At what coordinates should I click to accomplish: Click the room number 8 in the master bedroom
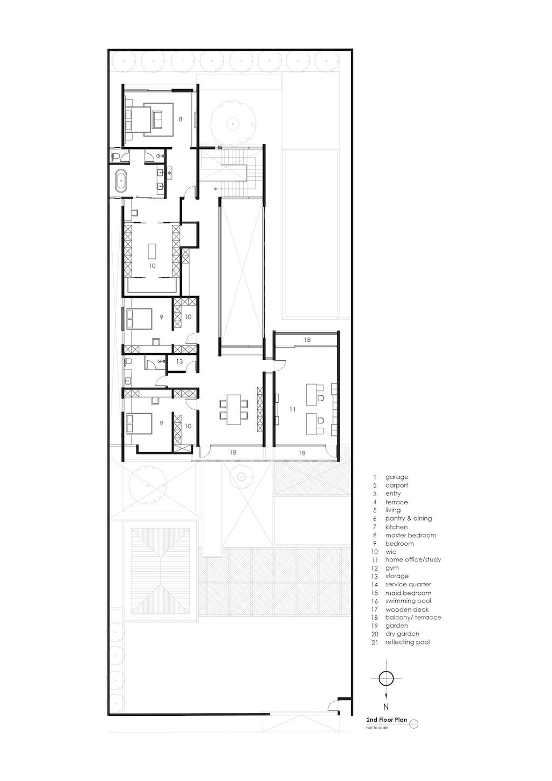click(x=180, y=119)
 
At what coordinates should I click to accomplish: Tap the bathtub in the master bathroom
click(x=121, y=180)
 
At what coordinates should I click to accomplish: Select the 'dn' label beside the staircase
click(x=216, y=189)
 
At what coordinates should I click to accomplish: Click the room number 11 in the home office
click(x=292, y=409)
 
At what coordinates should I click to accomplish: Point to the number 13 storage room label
click(x=180, y=361)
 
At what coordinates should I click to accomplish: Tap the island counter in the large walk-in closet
click(x=153, y=251)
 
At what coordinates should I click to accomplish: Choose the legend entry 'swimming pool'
click(x=408, y=601)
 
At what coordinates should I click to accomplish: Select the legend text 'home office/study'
click(x=413, y=560)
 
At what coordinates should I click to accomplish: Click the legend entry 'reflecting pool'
click(x=408, y=642)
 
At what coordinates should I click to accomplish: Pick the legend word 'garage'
click(x=397, y=477)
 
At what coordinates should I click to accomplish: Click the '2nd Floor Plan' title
click(x=387, y=720)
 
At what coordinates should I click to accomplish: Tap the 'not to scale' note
click(x=377, y=728)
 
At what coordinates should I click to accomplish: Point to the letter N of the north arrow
click(x=386, y=707)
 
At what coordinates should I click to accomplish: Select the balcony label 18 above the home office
click(x=307, y=340)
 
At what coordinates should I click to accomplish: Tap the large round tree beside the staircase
click(x=232, y=123)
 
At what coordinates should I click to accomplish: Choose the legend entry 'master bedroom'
click(x=411, y=535)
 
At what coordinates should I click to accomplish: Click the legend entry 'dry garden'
click(x=402, y=634)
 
